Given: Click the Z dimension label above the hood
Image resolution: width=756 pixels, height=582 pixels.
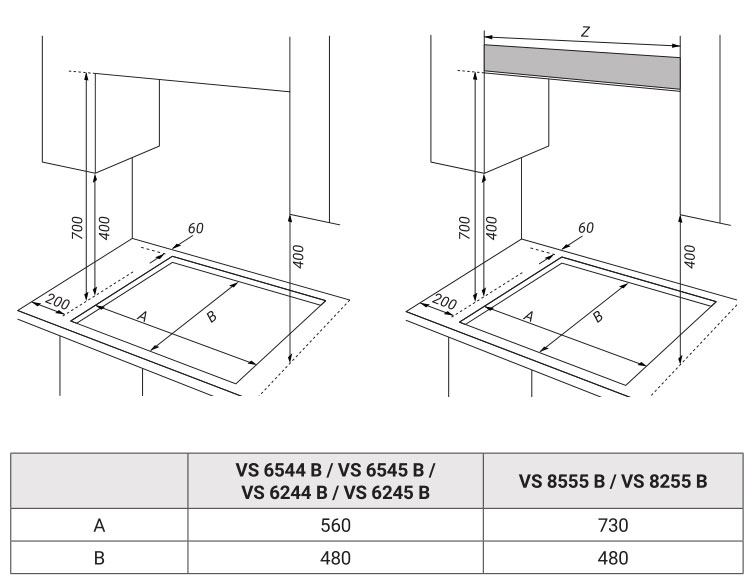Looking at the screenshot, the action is [x=585, y=32].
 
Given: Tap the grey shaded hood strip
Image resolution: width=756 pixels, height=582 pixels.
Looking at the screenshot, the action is [x=582, y=68].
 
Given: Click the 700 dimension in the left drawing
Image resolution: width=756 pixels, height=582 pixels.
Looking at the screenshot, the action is [x=77, y=228].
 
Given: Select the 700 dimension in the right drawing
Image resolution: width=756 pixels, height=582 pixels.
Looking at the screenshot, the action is [x=464, y=228].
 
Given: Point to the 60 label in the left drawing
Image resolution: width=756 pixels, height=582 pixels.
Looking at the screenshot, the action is [x=195, y=228].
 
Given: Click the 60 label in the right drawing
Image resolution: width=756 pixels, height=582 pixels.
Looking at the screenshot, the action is [x=585, y=228].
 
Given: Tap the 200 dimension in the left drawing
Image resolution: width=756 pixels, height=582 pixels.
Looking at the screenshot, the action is [x=58, y=302].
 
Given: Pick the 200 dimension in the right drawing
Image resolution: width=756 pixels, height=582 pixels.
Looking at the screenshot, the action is [x=445, y=302].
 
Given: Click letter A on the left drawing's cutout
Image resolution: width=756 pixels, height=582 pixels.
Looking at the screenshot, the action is [x=142, y=316].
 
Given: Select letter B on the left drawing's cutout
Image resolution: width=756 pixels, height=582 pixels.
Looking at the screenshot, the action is [x=211, y=317].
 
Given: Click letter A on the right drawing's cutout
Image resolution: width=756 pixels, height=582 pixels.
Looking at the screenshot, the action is [x=529, y=316].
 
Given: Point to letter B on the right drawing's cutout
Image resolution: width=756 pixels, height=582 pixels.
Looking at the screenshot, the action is [x=598, y=317].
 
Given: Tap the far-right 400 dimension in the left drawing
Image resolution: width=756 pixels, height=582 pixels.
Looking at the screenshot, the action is [x=299, y=257].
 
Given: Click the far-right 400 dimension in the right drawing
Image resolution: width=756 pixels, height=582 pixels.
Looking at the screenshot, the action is [x=690, y=257].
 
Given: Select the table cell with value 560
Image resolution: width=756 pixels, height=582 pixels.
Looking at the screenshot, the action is [x=336, y=525].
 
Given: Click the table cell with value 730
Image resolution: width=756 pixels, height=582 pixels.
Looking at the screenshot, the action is [x=613, y=525].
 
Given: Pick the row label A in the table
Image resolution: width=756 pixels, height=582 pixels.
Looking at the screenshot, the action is [x=99, y=525].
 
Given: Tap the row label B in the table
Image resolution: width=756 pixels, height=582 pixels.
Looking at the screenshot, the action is [x=99, y=558].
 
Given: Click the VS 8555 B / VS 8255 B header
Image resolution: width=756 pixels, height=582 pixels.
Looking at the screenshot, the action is [x=613, y=481].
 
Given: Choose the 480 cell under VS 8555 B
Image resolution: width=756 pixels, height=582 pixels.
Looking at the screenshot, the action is [x=613, y=558].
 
